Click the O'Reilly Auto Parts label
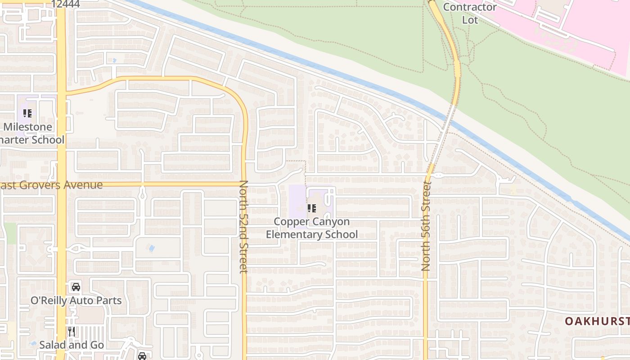(x=76, y=300)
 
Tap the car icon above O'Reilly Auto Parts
(x=76, y=287)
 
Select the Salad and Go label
(x=72, y=345)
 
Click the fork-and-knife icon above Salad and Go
(x=71, y=332)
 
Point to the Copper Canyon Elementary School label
(x=312, y=228)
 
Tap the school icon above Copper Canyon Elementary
(x=311, y=208)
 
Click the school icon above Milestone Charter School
(x=27, y=113)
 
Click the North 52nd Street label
(x=243, y=226)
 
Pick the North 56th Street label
(x=426, y=226)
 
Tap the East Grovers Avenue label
(x=51, y=185)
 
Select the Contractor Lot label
(x=470, y=13)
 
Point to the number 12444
(x=66, y=4)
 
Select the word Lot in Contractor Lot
(x=470, y=20)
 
